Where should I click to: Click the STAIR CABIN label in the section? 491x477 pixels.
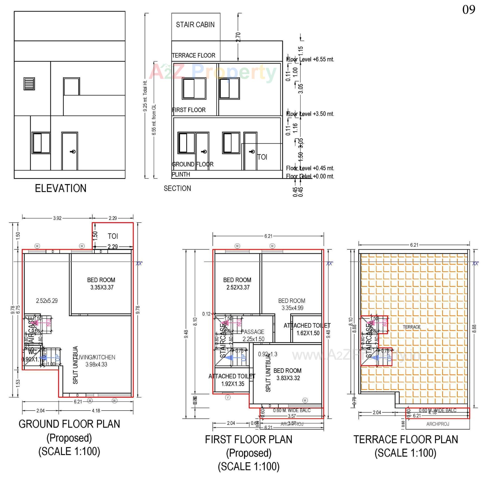coord(195,25)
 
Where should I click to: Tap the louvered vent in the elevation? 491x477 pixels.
coord(29,84)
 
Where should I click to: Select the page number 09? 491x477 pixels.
coord(468,10)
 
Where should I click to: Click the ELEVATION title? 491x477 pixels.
coord(61,188)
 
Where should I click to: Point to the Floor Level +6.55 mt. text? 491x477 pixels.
coord(310,59)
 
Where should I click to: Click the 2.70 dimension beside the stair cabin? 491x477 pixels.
coord(238,37)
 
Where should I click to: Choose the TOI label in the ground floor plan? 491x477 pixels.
coord(113,236)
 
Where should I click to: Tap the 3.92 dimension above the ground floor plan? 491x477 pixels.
coord(57,218)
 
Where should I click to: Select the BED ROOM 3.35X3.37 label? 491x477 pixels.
coord(101,283)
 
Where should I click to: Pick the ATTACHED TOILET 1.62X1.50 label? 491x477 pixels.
coord(307,329)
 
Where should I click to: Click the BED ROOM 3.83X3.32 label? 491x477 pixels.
coord(287,374)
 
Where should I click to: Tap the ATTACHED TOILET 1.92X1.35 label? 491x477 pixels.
coord(232,380)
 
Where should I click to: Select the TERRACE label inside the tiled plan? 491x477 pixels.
coord(411,327)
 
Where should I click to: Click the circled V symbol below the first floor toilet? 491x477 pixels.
coord(228,397)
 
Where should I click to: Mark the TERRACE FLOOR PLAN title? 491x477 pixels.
coord(406,439)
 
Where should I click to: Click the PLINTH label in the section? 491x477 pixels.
coord(181,174)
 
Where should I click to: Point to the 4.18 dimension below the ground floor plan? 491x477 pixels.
coord(96,411)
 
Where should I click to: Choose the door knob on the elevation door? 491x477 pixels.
coord(73,152)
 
